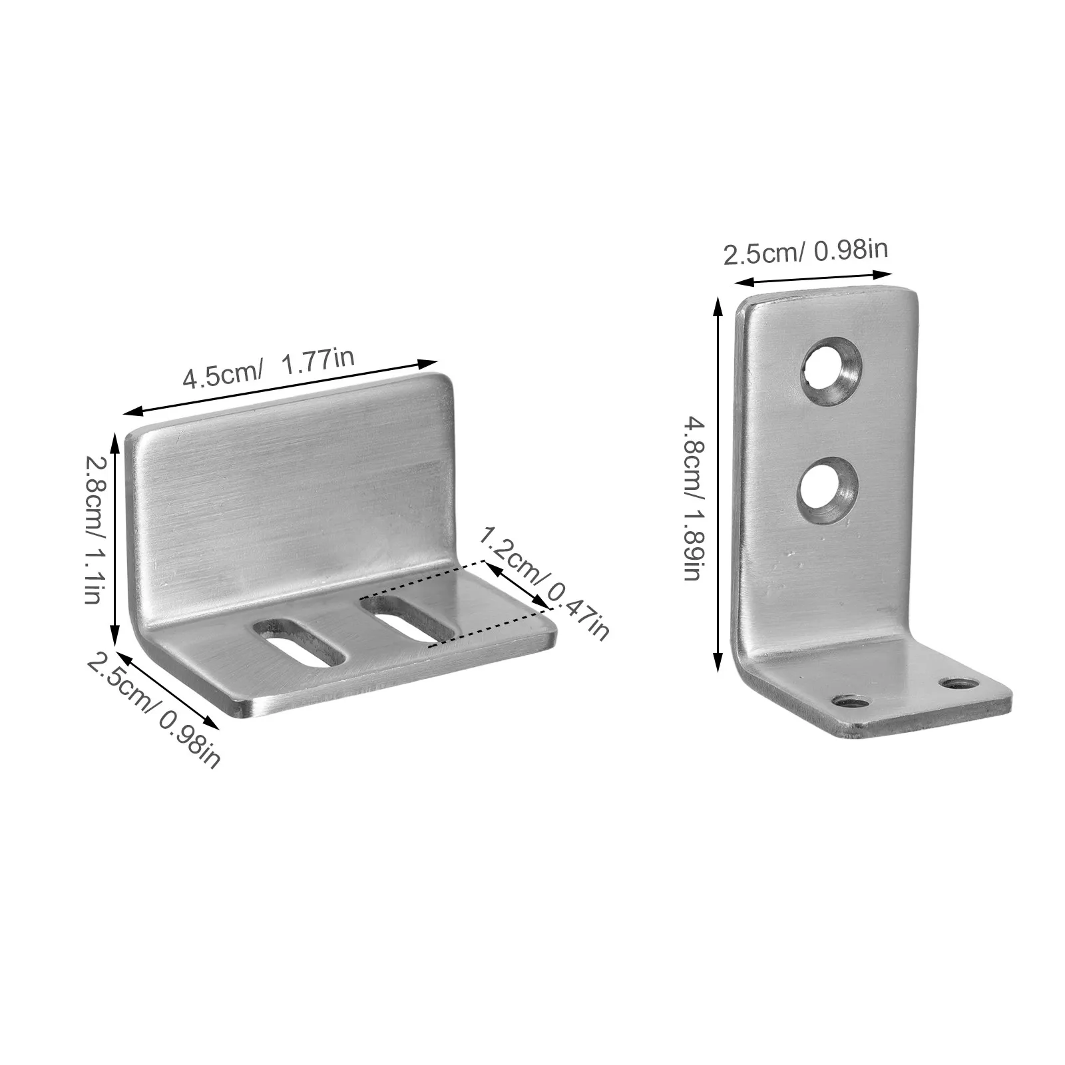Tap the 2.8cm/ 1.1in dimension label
[x=94, y=529]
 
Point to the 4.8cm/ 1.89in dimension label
[x=692, y=498]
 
